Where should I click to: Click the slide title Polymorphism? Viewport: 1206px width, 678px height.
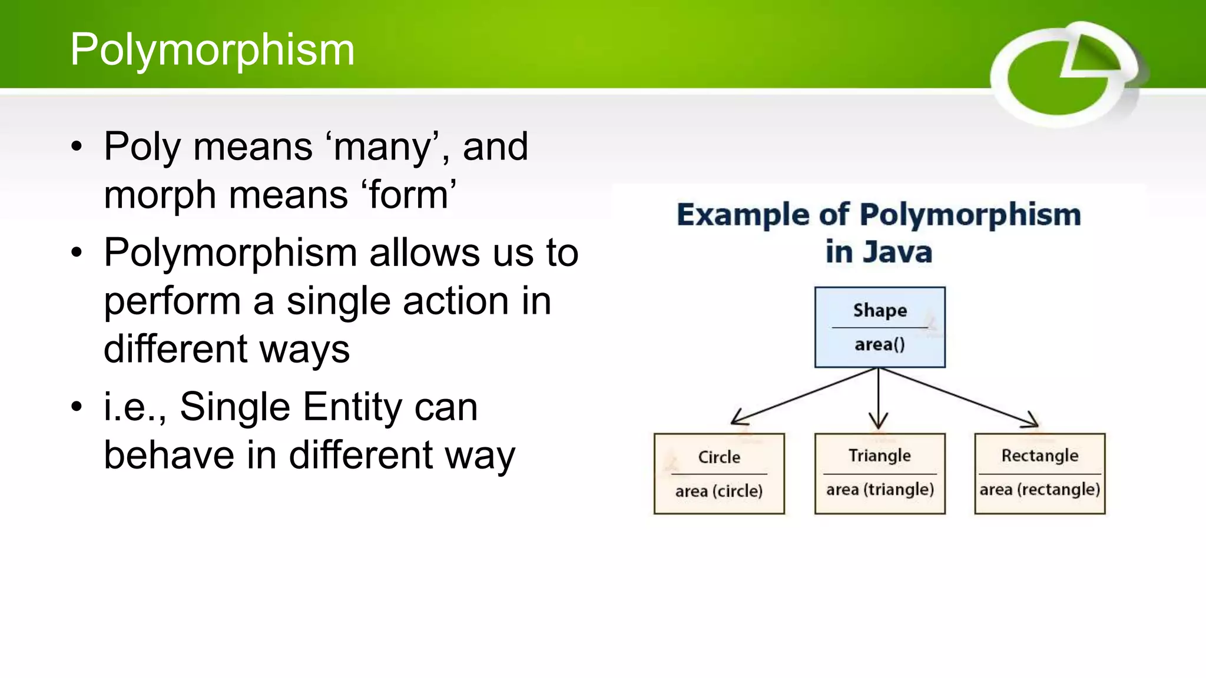pyautogui.click(x=212, y=49)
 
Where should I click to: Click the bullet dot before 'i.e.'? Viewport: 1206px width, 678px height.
pyautogui.click(x=77, y=407)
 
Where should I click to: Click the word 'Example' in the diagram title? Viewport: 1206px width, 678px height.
pyautogui.click(x=743, y=214)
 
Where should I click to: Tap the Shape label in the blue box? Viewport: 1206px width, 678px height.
pyautogui.click(x=880, y=310)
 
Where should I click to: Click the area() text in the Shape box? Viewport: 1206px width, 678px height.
pyautogui.click(x=880, y=344)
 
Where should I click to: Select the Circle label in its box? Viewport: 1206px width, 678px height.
pyautogui.click(x=719, y=457)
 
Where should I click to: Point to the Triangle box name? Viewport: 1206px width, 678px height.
pyautogui.click(x=880, y=456)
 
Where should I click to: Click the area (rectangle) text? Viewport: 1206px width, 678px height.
pyautogui.click(x=1040, y=490)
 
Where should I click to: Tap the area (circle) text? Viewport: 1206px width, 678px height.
pyautogui.click(x=719, y=491)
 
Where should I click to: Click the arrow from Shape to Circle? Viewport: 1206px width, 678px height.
pyautogui.click(x=804, y=396)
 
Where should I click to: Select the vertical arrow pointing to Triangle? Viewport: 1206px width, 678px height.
pyautogui.click(x=879, y=397)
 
